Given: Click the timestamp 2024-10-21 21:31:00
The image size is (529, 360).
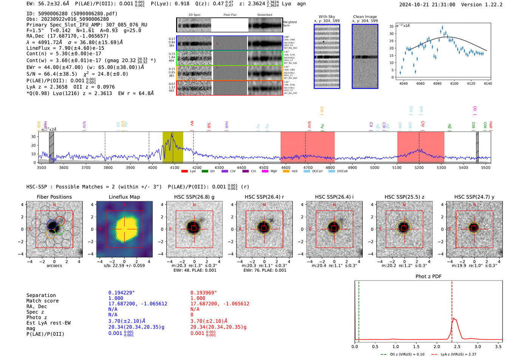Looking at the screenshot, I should (x=427, y=5).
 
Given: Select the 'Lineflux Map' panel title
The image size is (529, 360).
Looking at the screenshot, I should (x=124, y=197).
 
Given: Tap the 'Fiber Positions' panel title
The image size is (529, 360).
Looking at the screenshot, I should (x=54, y=197).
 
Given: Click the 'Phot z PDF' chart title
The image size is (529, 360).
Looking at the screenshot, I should (x=428, y=277).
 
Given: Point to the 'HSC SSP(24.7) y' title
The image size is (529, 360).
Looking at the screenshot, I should (x=474, y=197).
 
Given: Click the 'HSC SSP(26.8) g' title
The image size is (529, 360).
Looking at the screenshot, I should (x=194, y=197).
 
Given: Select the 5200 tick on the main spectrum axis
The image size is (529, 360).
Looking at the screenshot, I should (x=419, y=168).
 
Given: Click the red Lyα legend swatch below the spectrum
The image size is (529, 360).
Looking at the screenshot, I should (x=184, y=172).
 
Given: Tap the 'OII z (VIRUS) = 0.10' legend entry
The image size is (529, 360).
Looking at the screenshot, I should (x=403, y=354).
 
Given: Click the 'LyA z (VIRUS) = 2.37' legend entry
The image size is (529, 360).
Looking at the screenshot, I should (x=454, y=354).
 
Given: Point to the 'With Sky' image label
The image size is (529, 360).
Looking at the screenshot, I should (x=326, y=17).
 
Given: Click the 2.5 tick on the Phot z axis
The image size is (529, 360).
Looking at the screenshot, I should (x=457, y=346).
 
